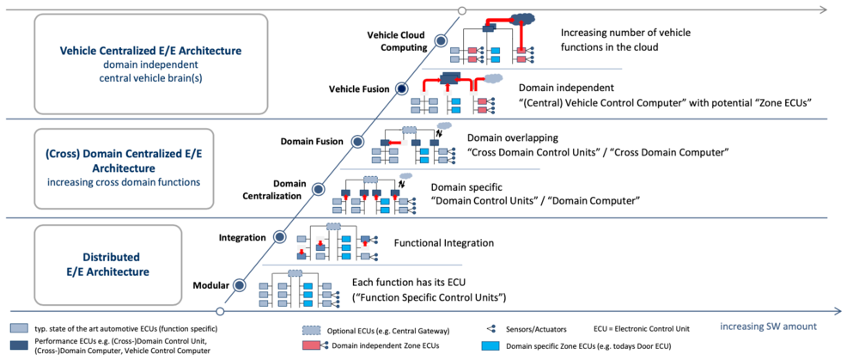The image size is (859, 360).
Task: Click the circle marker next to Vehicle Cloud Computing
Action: click(442, 40)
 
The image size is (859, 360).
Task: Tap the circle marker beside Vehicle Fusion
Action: click(400, 88)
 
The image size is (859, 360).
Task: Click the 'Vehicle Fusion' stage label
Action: click(358, 88)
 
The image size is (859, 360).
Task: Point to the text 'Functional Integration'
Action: click(442, 244)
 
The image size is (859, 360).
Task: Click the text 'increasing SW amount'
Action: click(768, 327)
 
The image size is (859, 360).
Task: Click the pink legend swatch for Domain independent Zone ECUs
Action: click(311, 345)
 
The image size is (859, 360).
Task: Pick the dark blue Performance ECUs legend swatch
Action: click(17, 345)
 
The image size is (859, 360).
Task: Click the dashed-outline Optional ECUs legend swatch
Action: click(311, 330)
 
